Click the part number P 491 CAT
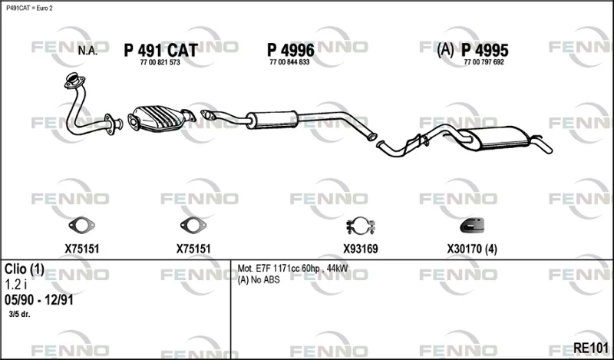(x=160, y=51)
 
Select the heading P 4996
(x=291, y=50)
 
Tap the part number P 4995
(x=485, y=50)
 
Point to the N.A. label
(x=87, y=51)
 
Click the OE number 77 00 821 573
(x=160, y=62)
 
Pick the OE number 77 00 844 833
(x=289, y=62)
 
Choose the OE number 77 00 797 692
(x=484, y=62)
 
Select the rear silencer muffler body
(x=497, y=138)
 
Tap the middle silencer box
(x=272, y=120)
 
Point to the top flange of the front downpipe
(x=74, y=80)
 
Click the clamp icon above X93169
(x=361, y=226)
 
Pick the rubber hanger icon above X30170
(x=472, y=225)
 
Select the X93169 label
(x=361, y=249)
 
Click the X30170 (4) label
(x=472, y=249)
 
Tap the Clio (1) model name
(x=25, y=269)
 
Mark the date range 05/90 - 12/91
(x=39, y=300)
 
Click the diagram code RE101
(x=591, y=348)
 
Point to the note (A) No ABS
(x=259, y=280)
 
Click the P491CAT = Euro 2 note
(x=29, y=8)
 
